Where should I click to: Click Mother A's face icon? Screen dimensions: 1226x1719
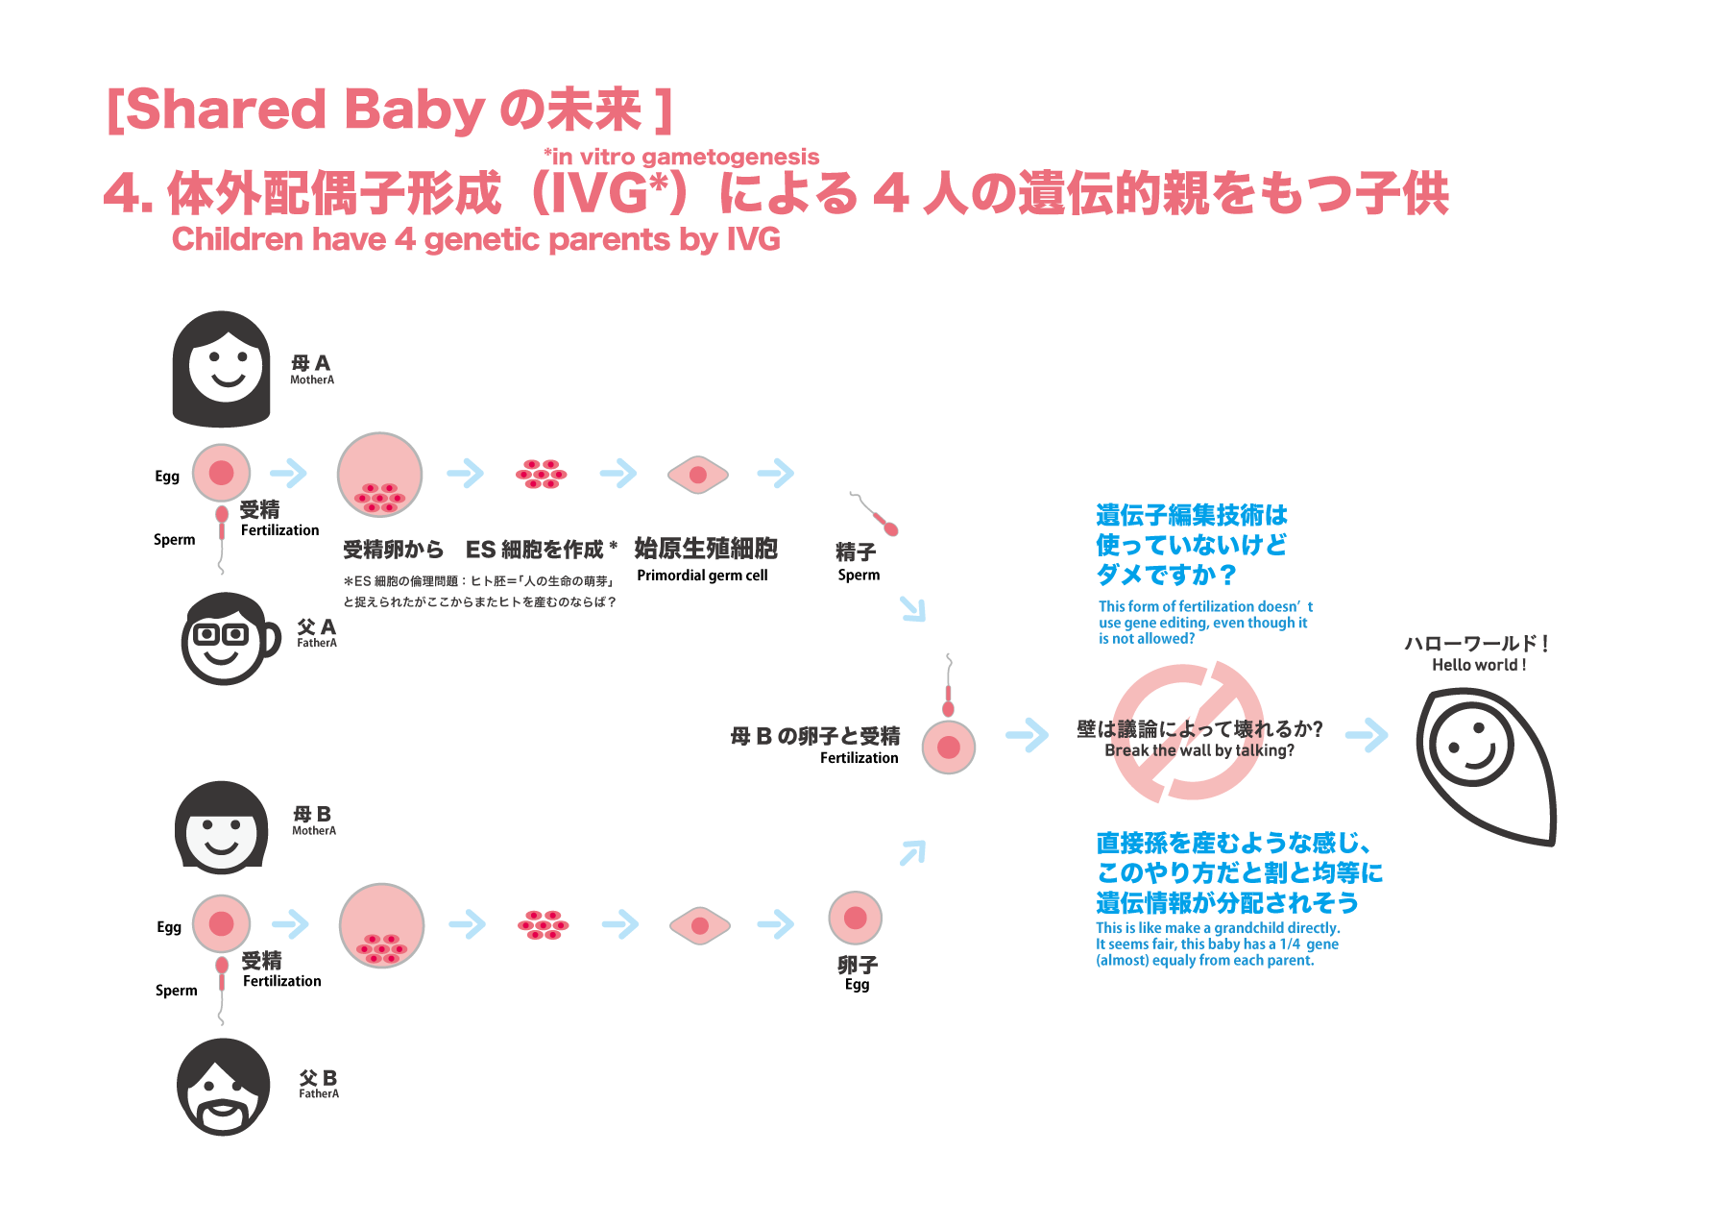222,369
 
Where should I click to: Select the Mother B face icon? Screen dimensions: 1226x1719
222,827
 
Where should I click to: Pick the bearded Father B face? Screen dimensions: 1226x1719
224,1088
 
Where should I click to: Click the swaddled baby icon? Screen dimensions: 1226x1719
1484,764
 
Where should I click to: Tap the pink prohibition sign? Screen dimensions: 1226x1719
1189,731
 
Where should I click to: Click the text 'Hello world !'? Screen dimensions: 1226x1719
1478,665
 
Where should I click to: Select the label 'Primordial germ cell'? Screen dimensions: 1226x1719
702,576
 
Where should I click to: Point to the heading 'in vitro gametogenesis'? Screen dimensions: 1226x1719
682,157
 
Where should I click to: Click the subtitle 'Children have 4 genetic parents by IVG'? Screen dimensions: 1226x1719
475,239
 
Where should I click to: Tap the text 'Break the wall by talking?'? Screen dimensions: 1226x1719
1198,750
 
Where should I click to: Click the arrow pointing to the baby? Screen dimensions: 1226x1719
1367,735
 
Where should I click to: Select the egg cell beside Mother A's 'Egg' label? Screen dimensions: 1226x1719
222,473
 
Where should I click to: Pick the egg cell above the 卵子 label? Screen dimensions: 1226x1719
855,918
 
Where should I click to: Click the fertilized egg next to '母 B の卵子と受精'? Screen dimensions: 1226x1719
949,748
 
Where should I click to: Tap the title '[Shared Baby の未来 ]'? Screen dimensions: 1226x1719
389,110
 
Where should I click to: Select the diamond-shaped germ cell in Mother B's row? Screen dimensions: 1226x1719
700,926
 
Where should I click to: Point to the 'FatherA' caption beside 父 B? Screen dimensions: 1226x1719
319,1093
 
